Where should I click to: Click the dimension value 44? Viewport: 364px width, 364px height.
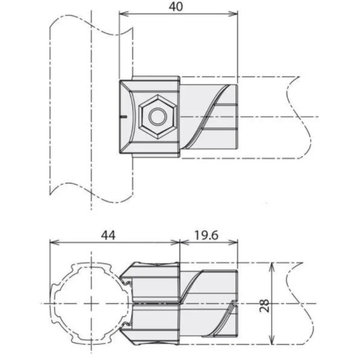[x=108, y=235]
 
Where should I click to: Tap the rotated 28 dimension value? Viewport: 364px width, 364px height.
[x=265, y=304]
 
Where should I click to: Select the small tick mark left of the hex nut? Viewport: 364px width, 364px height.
[x=123, y=116]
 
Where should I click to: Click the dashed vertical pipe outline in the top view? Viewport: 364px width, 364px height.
[x=50, y=116]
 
